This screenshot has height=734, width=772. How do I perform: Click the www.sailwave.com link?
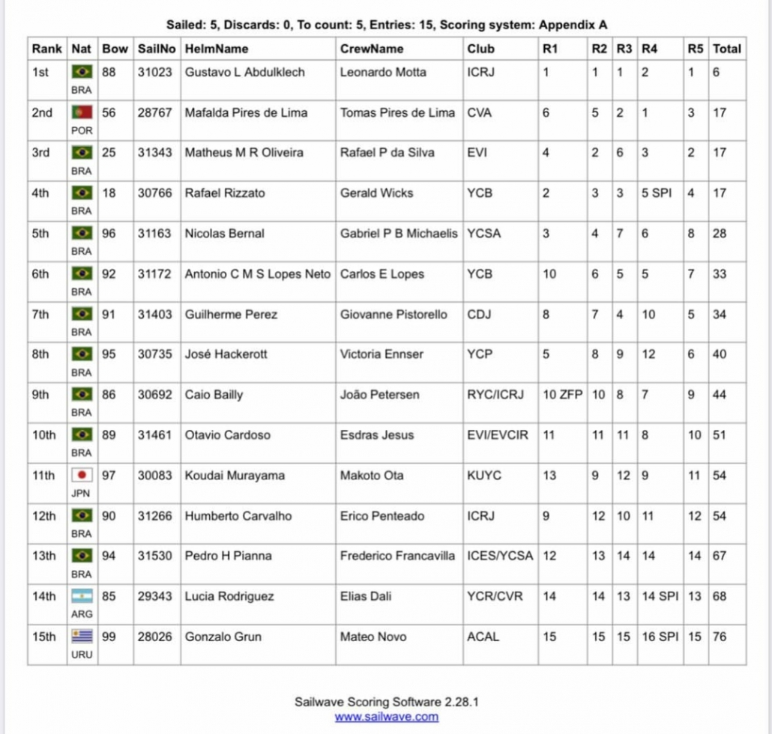(386, 717)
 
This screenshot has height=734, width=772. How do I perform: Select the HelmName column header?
(217, 49)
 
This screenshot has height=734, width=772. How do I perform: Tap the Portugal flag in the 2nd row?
(81, 113)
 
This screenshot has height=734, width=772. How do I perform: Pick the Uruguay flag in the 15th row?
(81, 637)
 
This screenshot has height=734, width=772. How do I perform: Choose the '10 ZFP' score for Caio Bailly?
(562, 395)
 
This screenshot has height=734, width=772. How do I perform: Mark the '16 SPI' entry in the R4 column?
(660, 637)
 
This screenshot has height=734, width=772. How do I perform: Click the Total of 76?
(720, 637)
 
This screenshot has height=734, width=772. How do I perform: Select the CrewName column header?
(372, 49)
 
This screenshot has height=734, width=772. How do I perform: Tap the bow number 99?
(109, 637)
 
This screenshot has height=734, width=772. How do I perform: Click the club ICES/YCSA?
(500, 556)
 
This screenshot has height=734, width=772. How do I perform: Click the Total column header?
(727, 49)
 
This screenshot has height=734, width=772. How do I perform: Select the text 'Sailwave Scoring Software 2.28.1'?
(386, 703)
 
